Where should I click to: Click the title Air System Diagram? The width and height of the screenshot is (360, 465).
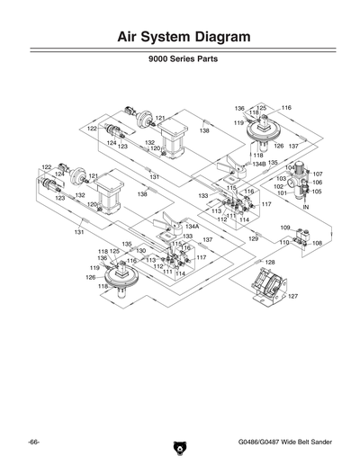point(180,37)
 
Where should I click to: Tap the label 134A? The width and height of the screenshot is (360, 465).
point(192,227)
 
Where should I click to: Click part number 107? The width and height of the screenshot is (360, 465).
point(318,173)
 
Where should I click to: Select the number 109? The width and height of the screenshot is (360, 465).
point(284,228)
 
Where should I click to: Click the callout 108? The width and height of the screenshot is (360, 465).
point(317,243)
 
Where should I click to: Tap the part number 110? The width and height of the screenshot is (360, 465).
point(283,243)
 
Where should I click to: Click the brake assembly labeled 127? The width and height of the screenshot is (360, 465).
point(270,286)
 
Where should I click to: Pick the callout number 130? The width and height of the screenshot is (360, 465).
point(140,251)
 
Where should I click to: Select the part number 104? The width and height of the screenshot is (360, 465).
point(289,167)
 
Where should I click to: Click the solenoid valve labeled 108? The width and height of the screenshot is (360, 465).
point(301,240)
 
